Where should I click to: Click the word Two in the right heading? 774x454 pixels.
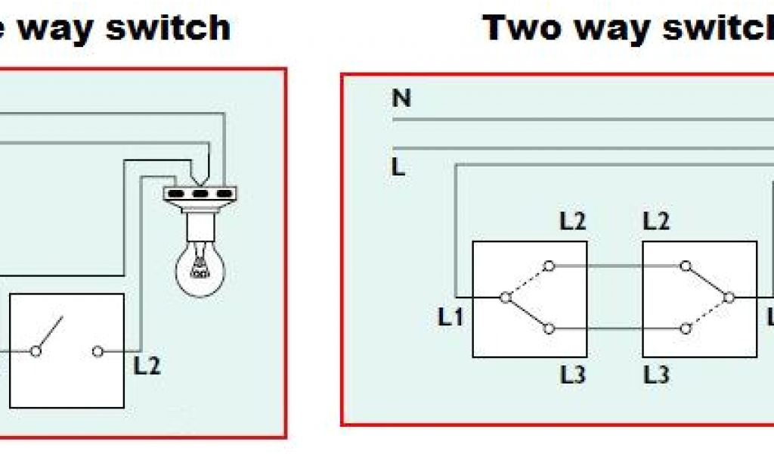523,28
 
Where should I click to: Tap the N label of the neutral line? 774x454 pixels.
401,99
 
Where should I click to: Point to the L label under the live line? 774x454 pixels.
399,167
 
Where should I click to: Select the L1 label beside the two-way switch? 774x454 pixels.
450,319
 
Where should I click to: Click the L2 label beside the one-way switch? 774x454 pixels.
147,366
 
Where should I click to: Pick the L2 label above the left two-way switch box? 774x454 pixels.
572,222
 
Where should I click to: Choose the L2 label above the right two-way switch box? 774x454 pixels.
656,222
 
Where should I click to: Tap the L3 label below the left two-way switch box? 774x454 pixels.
572,375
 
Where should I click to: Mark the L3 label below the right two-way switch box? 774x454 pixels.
656,375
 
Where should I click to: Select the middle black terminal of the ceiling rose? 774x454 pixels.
200,194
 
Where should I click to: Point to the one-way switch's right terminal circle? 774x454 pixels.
98,351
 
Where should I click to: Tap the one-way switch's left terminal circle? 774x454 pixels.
35,351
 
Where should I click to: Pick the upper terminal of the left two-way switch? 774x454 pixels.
550,266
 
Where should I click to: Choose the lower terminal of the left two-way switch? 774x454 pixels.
550,328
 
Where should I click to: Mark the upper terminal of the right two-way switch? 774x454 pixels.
685,266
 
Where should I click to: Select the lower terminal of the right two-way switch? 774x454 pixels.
685,328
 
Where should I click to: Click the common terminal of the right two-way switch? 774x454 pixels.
728,297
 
